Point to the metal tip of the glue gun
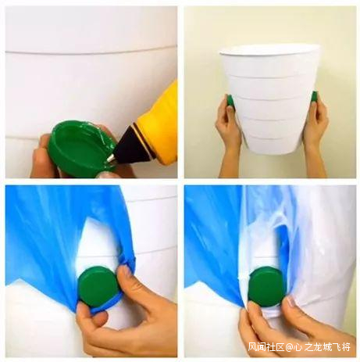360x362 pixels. (x=111, y=157)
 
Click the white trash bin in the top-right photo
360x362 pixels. (x=270, y=99)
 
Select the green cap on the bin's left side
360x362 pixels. (x=230, y=101)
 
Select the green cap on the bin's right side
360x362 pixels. (x=315, y=97)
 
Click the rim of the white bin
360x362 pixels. (x=269, y=52)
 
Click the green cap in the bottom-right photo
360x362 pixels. (x=266, y=287)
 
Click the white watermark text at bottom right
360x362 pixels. (x=299, y=347)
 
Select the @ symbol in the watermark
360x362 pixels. (x=289, y=347)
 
